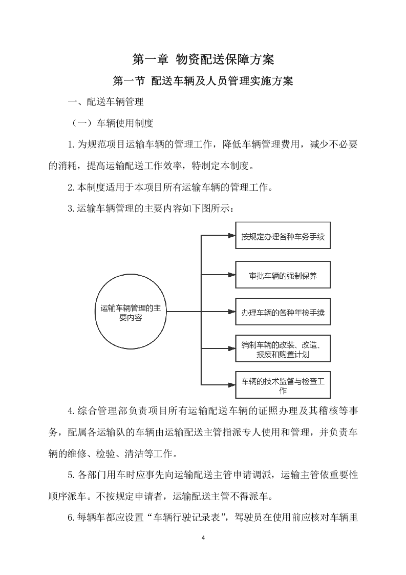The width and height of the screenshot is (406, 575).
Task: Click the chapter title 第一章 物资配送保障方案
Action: [203, 59]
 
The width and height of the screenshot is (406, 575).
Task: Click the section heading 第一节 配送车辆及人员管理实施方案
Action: [203, 81]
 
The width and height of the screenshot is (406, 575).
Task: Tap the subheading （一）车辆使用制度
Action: [111, 124]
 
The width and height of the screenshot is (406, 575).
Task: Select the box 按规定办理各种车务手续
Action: [283, 237]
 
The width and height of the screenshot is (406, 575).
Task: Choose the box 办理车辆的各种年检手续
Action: [283, 312]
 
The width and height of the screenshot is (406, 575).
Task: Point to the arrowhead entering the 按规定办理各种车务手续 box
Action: [231, 236]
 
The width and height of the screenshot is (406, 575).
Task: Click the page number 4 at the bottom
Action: [203, 538]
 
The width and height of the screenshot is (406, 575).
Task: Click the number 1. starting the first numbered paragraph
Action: [72, 145]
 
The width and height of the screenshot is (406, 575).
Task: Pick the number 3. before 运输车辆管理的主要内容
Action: [72, 209]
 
